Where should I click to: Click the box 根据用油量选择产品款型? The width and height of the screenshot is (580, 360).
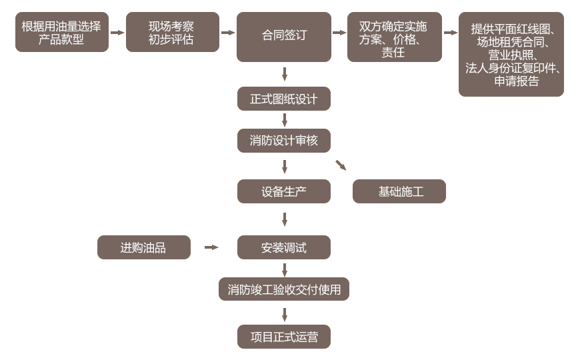[61, 32]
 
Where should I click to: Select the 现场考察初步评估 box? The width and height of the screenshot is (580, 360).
[172, 32]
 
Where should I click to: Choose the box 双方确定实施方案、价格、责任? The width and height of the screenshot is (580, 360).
[394, 37]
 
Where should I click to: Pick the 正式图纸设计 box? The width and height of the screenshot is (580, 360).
[284, 99]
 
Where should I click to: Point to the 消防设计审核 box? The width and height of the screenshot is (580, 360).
[284, 140]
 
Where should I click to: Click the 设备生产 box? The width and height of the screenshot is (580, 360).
[284, 191]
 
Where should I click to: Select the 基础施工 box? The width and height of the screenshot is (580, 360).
[399, 191]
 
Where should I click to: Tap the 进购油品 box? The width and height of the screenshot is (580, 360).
[143, 248]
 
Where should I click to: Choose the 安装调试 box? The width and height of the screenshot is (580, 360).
[284, 248]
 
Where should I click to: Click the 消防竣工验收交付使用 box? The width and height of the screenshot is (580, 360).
[284, 289]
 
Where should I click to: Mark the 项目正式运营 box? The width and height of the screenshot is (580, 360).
[284, 337]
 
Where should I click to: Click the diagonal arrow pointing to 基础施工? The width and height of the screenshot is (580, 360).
[341, 165]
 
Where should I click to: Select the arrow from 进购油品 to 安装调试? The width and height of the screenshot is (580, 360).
[211, 247]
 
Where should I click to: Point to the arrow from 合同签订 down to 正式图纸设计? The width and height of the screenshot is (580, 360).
[285, 74]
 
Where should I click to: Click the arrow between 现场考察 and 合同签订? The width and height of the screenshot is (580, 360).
[228, 32]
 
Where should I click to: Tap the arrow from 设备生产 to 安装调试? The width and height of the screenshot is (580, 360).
[285, 219]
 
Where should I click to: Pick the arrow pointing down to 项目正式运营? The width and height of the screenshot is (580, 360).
[285, 315]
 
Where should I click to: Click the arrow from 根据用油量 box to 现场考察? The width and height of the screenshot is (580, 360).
[117, 32]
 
